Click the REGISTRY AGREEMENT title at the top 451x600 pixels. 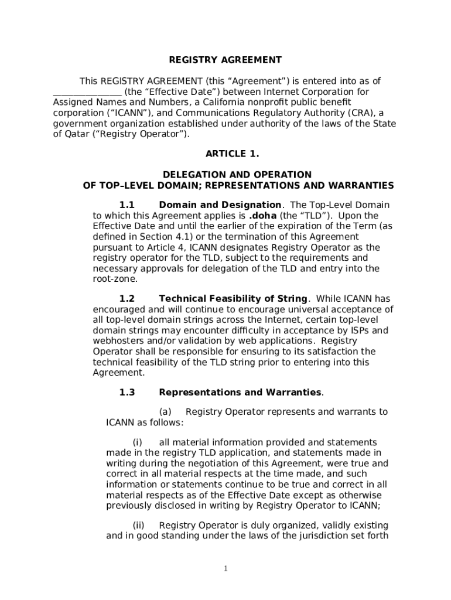tap(225, 60)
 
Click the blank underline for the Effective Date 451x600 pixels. tap(87, 92)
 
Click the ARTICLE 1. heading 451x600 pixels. tap(232, 154)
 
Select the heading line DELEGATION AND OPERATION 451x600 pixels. tap(237, 175)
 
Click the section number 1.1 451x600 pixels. tap(127, 205)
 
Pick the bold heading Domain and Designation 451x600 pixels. tap(220, 205)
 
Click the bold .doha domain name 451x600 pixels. tap(262, 216)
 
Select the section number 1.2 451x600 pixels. tap(127, 299)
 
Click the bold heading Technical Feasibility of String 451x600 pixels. tap(233, 299)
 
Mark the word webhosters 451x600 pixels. tap(119, 341)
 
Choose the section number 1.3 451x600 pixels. tap(127, 393)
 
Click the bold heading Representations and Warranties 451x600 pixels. tap(240, 393)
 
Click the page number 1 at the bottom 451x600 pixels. tap(226, 569)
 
